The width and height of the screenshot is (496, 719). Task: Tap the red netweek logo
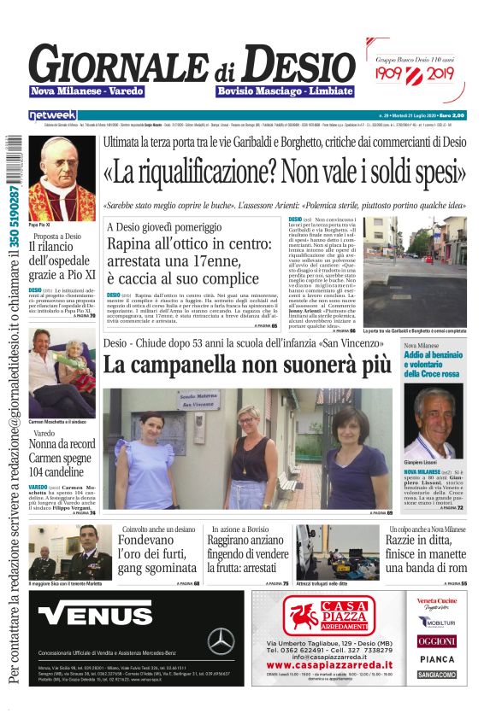[x=53, y=114]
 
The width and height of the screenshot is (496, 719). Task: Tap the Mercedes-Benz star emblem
[x=221, y=640]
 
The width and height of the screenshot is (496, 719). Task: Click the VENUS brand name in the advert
[x=84, y=614]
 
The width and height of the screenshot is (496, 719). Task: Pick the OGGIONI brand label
[x=436, y=640]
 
